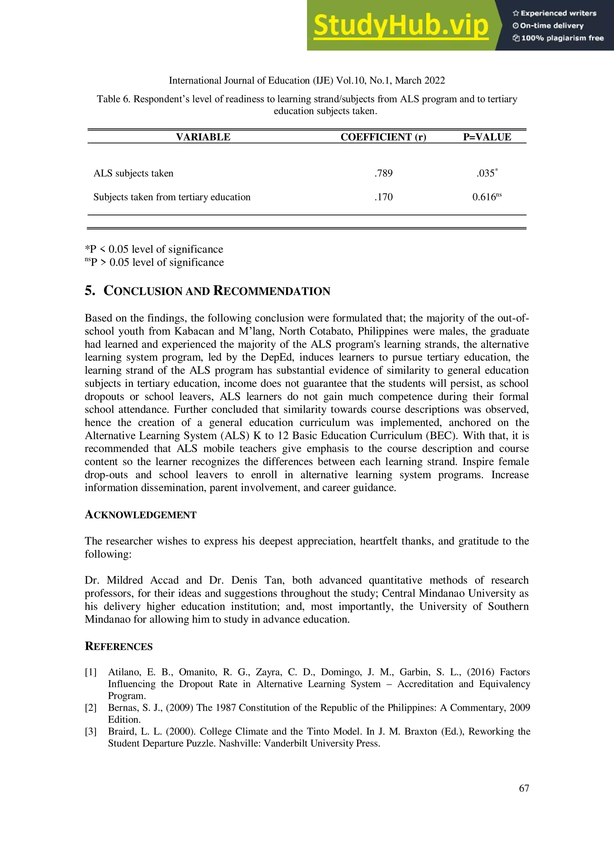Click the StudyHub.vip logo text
[x=401, y=26]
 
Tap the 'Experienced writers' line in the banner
[x=554, y=13]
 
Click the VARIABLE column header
[x=203, y=137]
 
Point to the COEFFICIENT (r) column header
[x=383, y=137]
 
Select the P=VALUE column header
[x=487, y=137]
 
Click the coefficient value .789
[x=384, y=173]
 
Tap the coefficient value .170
[x=384, y=197]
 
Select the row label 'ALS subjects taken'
[x=133, y=173]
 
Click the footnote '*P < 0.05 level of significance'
[x=154, y=249]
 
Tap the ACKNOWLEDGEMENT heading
[x=140, y=515]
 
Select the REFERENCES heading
[x=118, y=647]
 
